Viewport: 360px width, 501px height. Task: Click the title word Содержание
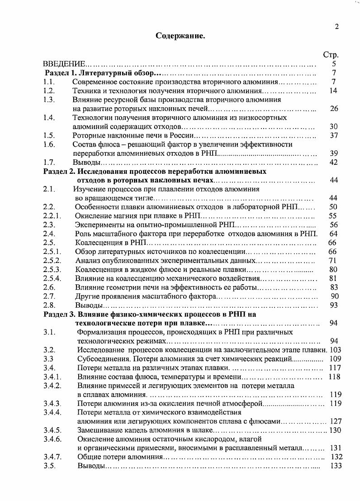pyautogui.click(x=180, y=36)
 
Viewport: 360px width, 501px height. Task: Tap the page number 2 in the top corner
pyautogui.click(x=336, y=27)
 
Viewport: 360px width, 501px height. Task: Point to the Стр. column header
pyautogui.click(x=331, y=55)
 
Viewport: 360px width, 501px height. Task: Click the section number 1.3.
pyautogui.click(x=49, y=100)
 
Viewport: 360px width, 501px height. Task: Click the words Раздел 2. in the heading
pyautogui.click(x=59, y=172)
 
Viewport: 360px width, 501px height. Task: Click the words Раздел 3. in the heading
pyautogui.click(x=59, y=314)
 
